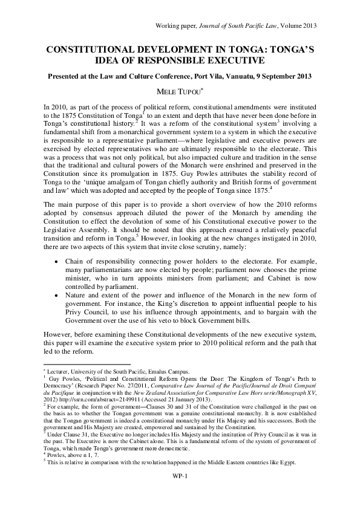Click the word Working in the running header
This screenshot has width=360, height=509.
[169, 25]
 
